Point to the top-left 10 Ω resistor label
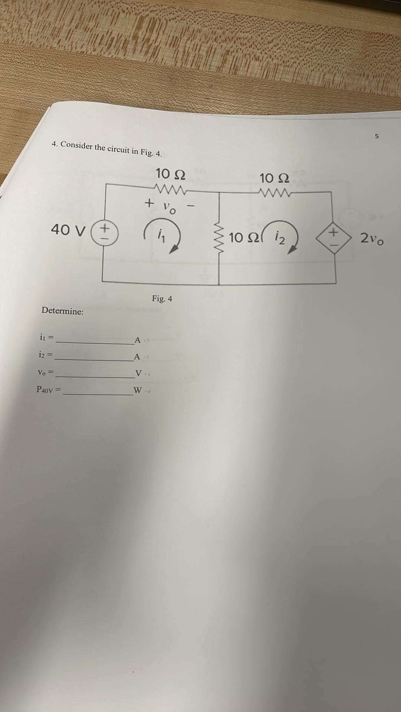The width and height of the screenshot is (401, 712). [171, 174]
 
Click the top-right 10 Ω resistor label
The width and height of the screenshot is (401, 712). [275, 178]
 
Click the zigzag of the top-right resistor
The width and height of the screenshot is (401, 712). [275, 192]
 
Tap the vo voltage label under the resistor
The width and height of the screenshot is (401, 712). [170, 208]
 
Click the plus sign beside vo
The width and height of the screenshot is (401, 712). [149, 203]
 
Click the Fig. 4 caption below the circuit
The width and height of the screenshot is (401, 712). [162, 299]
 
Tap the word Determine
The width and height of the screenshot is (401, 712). [62, 311]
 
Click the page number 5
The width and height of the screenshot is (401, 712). [376, 136]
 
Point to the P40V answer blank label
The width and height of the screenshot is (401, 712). [48, 389]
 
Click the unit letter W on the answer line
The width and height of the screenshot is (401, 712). [137, 390]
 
